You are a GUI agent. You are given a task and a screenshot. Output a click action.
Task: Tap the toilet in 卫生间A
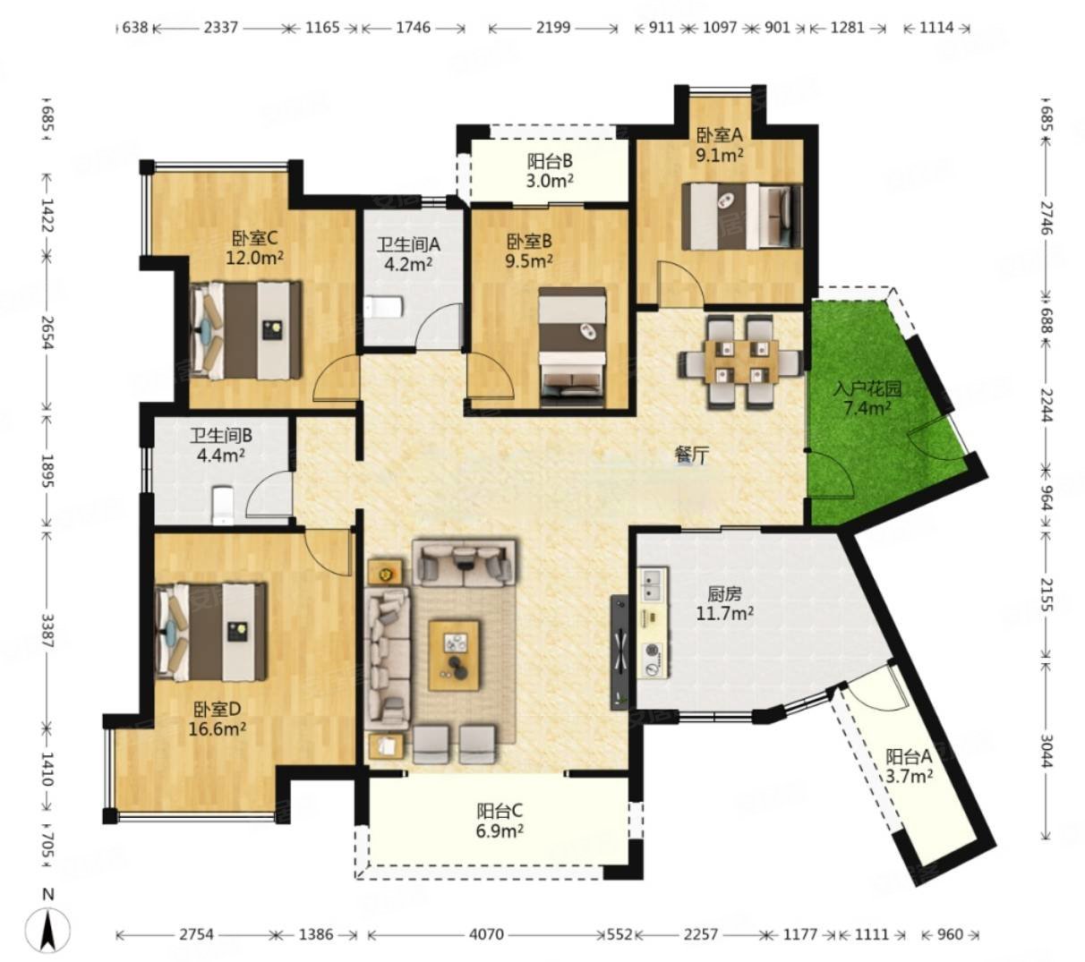(382, 309)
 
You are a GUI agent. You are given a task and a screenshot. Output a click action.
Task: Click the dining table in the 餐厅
(741, 362)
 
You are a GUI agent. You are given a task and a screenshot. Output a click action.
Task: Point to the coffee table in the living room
(454, 653)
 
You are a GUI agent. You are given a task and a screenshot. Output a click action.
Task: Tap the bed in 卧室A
(742, 216)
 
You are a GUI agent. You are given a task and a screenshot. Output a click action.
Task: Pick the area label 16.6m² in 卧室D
(217, 728)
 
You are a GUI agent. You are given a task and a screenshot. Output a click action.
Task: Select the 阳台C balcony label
(500, 811)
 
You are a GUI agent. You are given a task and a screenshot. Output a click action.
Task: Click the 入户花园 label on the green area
(866, 388)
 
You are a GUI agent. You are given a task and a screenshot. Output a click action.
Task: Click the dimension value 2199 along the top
(553, 27)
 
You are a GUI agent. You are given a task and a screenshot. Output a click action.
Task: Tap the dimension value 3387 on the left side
(48, 630)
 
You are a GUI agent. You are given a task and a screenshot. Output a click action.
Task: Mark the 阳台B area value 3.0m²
(550, 181)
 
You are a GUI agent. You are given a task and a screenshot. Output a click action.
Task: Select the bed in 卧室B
(572, 347)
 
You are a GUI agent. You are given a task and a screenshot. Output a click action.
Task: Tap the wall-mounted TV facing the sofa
(619, 652)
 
